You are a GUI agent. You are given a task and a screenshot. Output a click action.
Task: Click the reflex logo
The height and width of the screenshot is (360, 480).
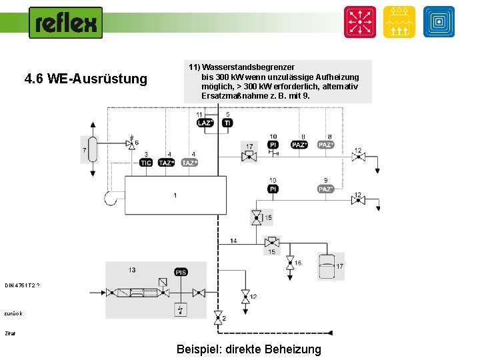click(65, 23)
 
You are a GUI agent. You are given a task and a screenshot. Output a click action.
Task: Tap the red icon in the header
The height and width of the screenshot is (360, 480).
click(359, 22)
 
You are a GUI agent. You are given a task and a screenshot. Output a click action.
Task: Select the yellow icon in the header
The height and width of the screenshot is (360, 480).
click(399, 22)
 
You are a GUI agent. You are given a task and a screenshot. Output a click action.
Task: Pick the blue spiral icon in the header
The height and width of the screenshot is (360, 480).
click(439, 22)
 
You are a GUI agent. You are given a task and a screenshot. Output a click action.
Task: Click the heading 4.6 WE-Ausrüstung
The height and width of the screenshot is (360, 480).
click(85, 79)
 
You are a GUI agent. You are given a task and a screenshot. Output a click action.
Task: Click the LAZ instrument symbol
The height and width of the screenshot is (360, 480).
click(205, 123)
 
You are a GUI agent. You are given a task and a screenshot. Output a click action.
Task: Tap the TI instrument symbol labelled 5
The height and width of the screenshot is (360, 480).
click(227, 123)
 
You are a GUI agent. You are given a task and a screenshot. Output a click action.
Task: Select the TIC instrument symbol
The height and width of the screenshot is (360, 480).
click(145, 163)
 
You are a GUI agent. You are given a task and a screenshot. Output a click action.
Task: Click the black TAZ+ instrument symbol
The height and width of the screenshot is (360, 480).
click(166, 163)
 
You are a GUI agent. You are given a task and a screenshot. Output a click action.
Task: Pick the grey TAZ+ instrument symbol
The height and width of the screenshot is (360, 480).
click(190, 163)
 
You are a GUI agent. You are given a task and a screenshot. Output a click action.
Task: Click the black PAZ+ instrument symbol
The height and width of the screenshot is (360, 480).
click(299, 145)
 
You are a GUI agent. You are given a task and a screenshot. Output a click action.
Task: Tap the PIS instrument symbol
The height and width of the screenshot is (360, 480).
click(181, 272)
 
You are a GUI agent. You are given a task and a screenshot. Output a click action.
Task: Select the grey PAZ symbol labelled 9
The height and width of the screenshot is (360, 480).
click(325, 189)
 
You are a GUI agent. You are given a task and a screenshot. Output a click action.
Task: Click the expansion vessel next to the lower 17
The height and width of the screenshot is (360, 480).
click(326, 265)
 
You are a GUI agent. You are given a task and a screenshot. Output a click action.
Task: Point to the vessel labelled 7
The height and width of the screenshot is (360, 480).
click(93, 149)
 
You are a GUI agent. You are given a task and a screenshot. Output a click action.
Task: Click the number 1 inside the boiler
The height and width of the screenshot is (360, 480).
click(175, 195)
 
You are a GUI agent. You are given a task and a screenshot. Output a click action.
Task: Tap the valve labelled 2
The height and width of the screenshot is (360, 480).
click(217, 320)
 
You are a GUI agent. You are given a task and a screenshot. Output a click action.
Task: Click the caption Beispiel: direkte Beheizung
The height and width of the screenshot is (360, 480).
click(249, 349)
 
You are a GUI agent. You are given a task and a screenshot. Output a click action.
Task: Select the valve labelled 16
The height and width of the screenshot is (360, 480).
click(290, 263)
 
